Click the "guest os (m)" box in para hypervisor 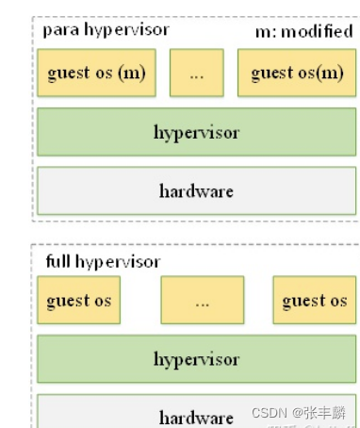96,73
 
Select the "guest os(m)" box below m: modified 297,73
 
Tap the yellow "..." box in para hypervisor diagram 196,73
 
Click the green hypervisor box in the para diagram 197,131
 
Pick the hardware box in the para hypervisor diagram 197,190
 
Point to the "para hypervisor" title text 106,29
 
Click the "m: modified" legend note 303,32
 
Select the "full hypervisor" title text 103,261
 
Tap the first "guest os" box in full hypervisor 79,301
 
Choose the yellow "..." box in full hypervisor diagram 202,301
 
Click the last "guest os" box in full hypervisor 315,301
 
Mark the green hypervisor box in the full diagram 197,359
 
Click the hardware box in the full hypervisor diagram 197,415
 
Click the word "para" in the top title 59,29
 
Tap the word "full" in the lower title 58,261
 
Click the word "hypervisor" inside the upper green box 197,131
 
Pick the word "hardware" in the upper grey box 197,190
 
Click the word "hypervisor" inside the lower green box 197,359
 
